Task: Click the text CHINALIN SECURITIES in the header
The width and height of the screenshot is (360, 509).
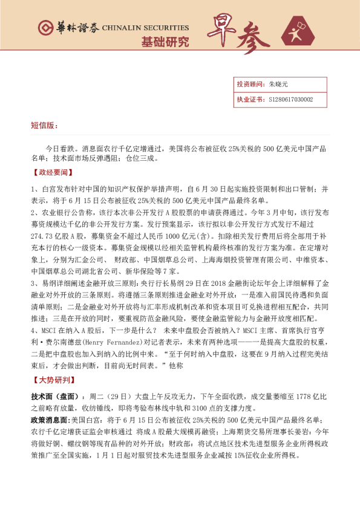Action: (145, 28)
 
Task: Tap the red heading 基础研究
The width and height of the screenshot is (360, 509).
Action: (165, 42)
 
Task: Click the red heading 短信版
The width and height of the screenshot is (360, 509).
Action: (44, 125)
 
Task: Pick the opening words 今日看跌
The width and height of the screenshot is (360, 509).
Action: (60, 148)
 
